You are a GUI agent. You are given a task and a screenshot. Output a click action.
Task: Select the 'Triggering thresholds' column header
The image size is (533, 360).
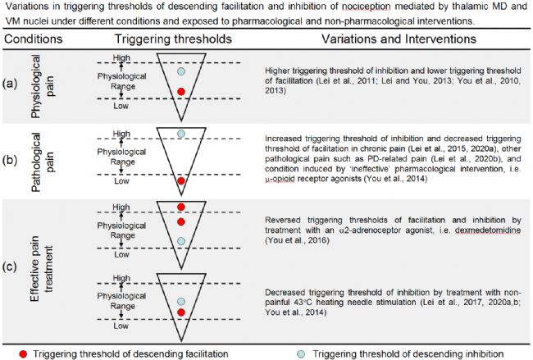pos(167,38)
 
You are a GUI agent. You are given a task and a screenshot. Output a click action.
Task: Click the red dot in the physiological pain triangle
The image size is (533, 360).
pos(180,92)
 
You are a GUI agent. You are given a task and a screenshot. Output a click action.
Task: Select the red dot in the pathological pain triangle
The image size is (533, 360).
pos(180,180)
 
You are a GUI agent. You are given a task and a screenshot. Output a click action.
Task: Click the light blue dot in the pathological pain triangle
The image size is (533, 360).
pos(180,133)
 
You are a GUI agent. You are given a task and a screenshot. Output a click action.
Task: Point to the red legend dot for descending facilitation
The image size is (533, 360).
pos(10,353)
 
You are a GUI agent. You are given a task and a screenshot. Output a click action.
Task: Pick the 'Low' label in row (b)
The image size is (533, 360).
pos(122,183)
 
